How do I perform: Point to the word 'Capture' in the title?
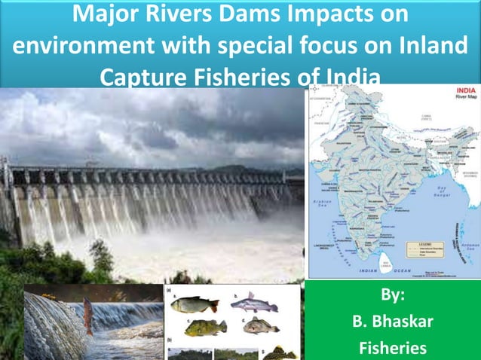point(147,77)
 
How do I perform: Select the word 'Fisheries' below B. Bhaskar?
point(393,348)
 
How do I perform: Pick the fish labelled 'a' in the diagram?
point(195,304)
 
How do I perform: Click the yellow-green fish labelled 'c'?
point(205,327)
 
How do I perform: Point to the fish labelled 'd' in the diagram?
point(261,325)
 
